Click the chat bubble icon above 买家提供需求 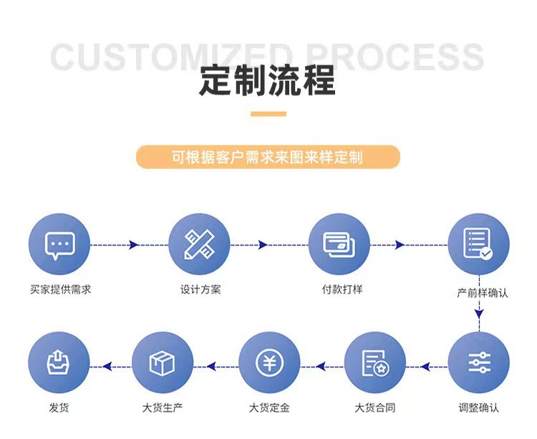[59, 244]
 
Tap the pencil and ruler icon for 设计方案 [199, 244]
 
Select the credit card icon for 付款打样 [339, 244]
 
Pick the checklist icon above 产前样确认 [478, 244]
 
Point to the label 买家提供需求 [60, 290]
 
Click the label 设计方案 [200, 290]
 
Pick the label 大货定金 [269, 408]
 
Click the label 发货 [59, 408]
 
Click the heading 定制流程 [268, 81]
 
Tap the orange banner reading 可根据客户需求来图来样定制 [268, 157]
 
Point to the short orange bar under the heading [268, 114]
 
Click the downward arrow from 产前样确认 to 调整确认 [478, 312]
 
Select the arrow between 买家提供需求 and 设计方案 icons [132, 245]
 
